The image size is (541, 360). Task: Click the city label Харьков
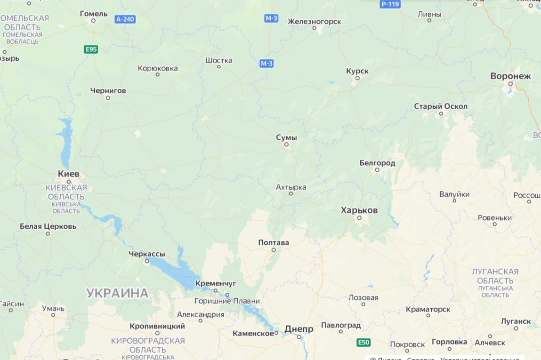[359, 210]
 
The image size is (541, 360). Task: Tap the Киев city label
[69, 174]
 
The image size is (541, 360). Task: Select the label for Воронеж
[510, 76]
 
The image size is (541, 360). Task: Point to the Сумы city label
[286, 137]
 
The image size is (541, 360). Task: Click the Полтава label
[274, 242]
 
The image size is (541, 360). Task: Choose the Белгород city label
[377, 163]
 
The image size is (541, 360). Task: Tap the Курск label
[357, 71]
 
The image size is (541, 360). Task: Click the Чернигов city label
[108, 90]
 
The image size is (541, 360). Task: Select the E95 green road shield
[91, 49]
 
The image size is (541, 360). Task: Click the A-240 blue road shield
[125, 19]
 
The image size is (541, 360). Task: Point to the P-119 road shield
[390, 4]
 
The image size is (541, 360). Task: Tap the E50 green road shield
[363, 342]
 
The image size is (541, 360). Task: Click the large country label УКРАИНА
[117, 293]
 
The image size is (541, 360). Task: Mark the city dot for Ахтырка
[291, 193]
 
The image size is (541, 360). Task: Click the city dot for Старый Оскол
[441, 113]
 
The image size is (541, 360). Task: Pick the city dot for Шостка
[218, 66]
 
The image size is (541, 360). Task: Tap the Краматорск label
[428, 309]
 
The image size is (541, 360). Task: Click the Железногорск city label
[315, 21]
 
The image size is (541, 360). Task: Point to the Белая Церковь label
[48, 226]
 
